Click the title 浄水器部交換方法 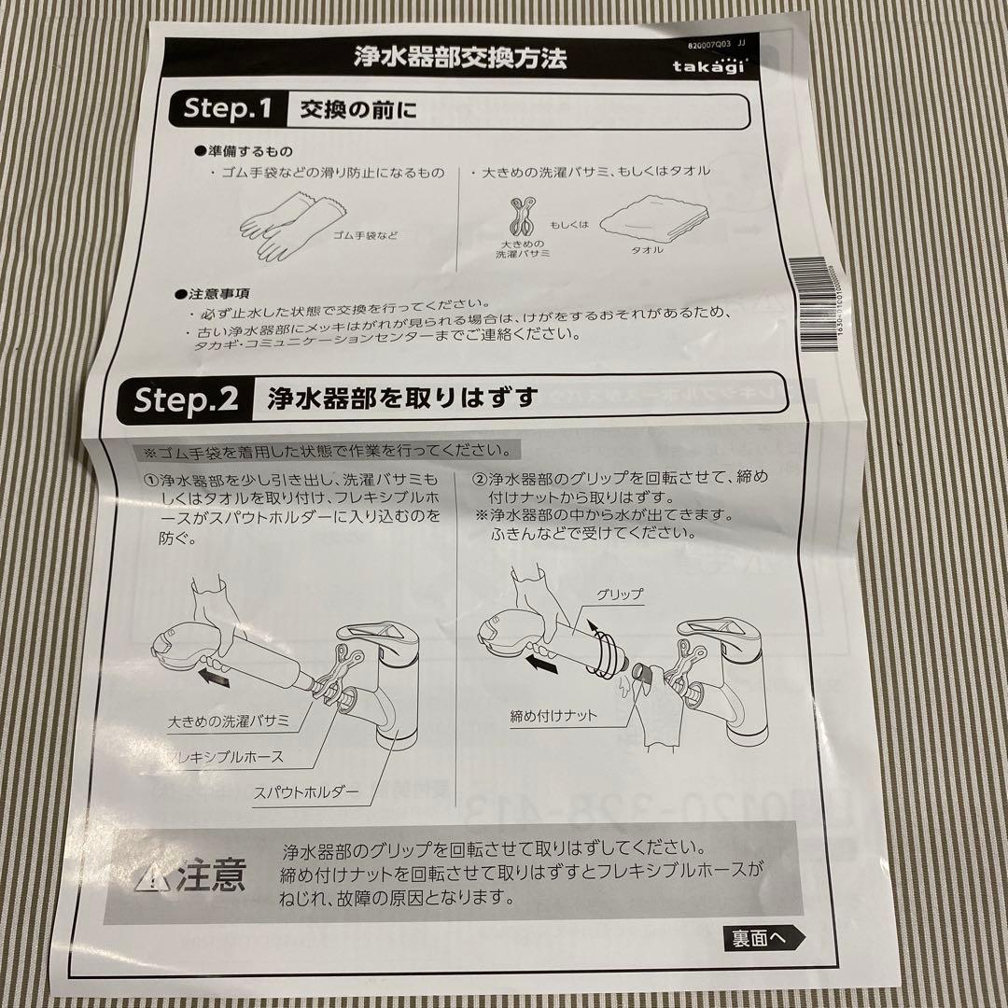[x=459, y=58]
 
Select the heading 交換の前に [x=357, y=111]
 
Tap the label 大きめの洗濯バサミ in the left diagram [x=229, y=721]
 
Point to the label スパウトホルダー [x=306, y=792]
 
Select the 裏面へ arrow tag [x=763, y=938]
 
